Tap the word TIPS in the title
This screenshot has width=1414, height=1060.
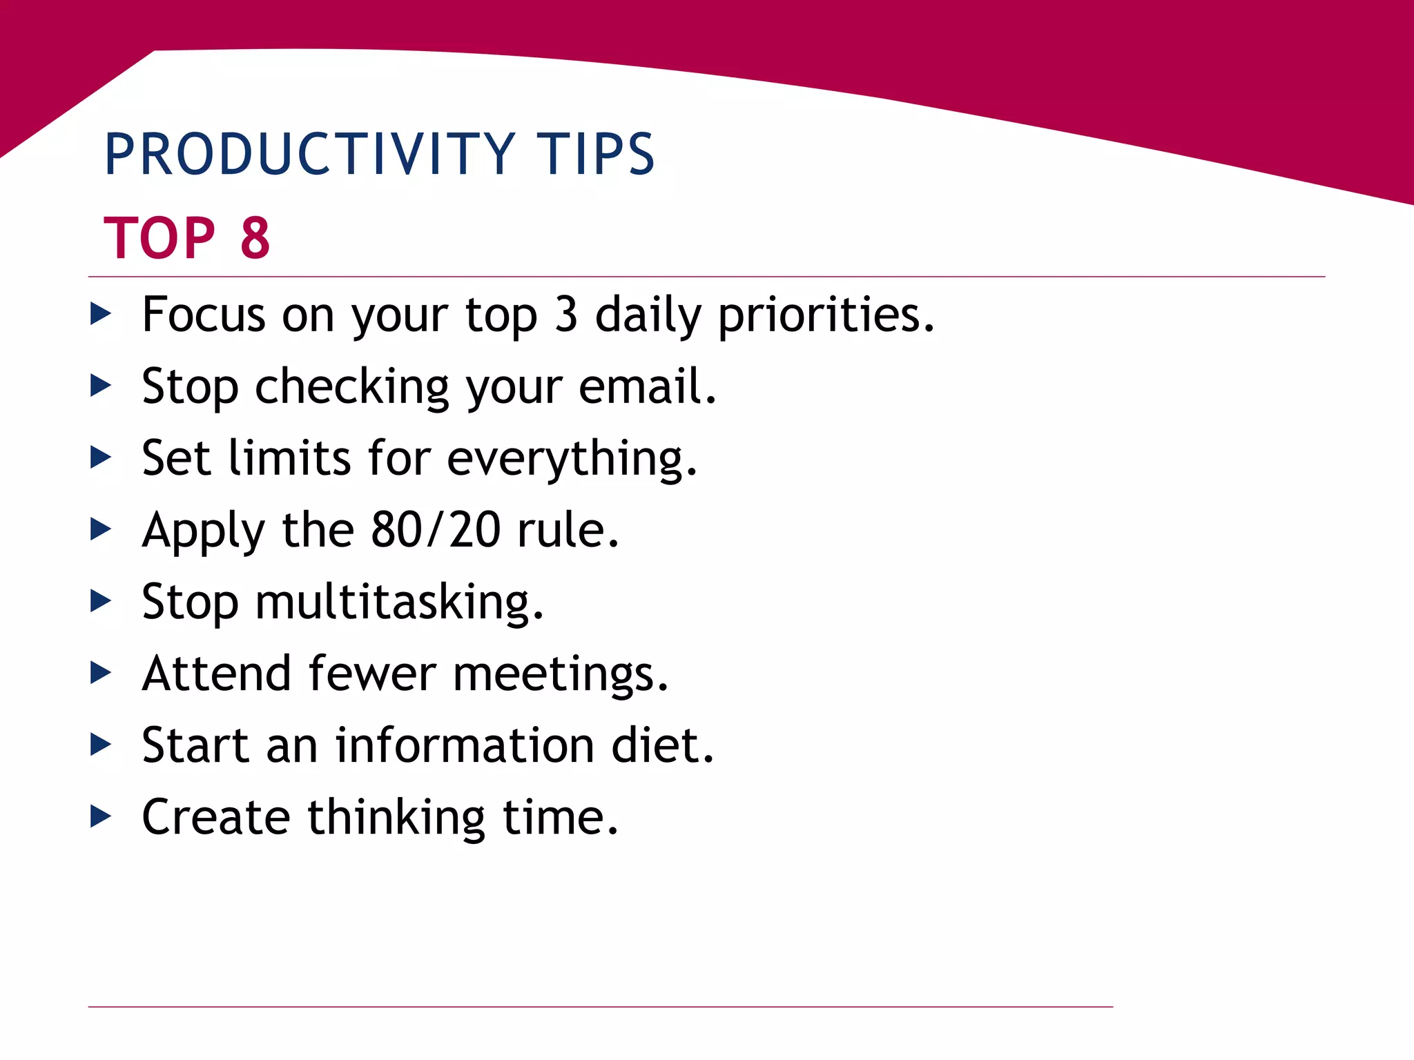595,154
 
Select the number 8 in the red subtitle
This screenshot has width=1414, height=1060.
255,238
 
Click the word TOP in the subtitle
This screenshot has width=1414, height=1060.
159,238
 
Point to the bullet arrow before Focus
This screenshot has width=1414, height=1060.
101,315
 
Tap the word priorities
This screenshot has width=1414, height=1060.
826,316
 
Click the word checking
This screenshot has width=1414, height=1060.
352,388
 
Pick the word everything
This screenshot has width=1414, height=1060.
572,459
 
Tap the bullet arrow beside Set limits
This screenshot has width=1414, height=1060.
101,458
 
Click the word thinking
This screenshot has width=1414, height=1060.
396,818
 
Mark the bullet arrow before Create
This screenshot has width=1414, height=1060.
101,817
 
